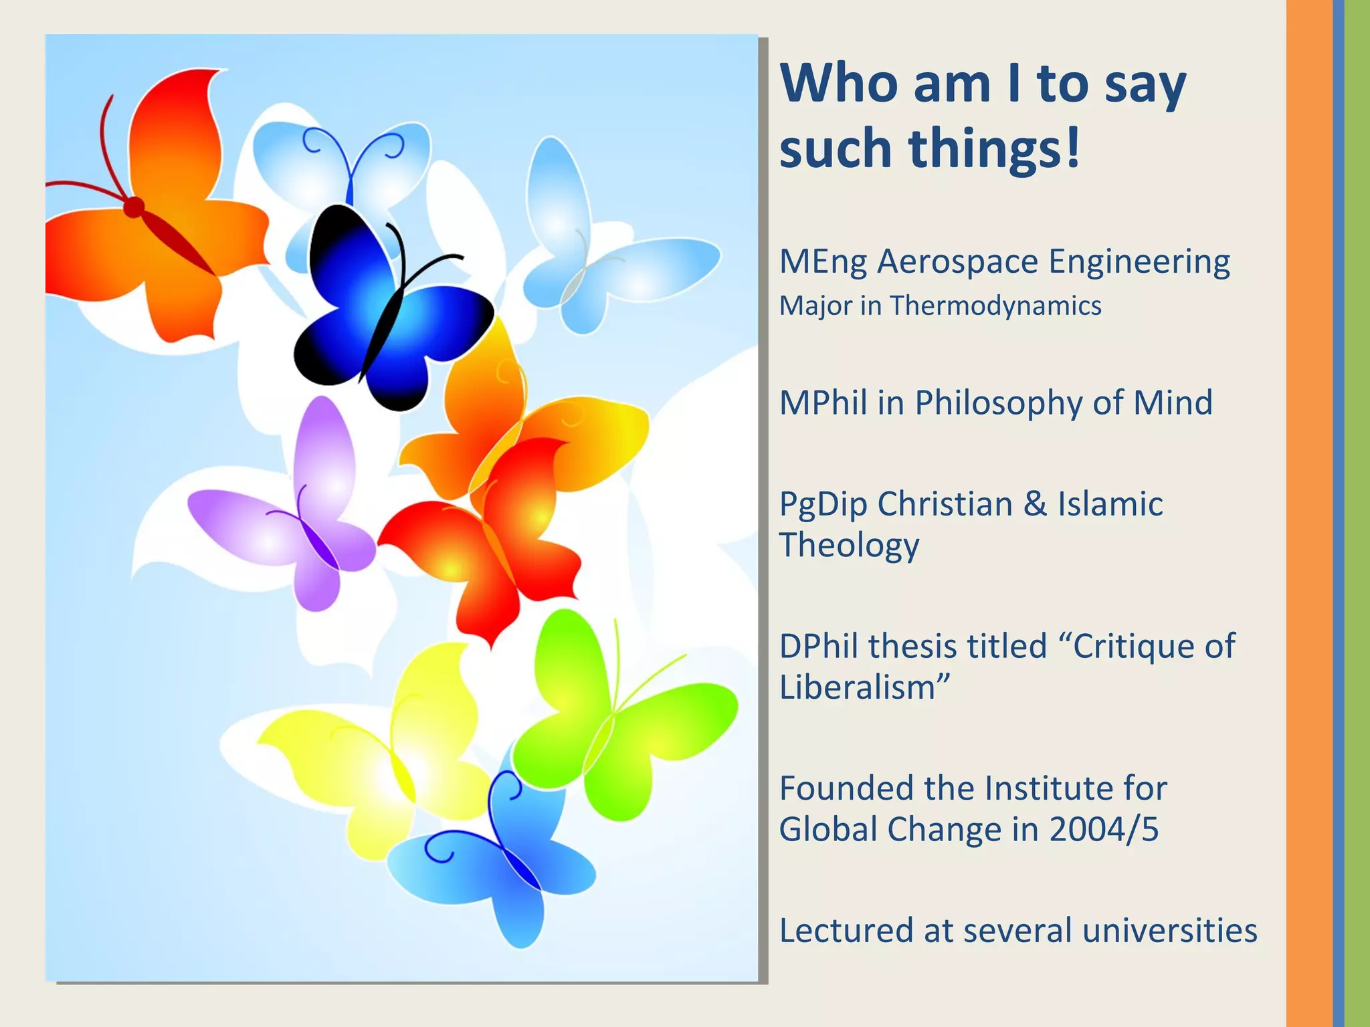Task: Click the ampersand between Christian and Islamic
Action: coord(1035,504)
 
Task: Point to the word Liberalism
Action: coord(857,687)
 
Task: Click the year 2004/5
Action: coord(1103,830)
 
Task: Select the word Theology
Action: coord(849,546)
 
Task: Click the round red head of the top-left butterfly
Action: coord(134,207)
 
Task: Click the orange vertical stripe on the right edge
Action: coord(1308,513)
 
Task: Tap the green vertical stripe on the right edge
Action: coord(1357,513)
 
